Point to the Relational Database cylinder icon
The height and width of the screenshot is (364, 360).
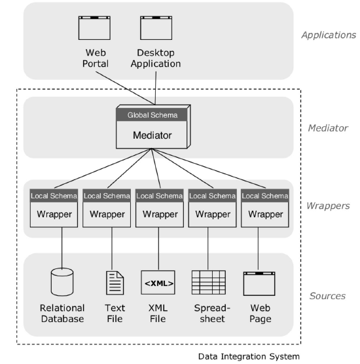(63, 282)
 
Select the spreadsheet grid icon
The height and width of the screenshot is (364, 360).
(208, 282)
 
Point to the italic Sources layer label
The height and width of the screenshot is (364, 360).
(327, 296)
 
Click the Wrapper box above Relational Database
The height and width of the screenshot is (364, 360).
(54, 213)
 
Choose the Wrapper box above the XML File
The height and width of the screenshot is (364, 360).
(160, 213)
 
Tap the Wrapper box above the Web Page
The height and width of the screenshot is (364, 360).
(266, 213)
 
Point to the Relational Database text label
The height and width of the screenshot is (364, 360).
(63, 313)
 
